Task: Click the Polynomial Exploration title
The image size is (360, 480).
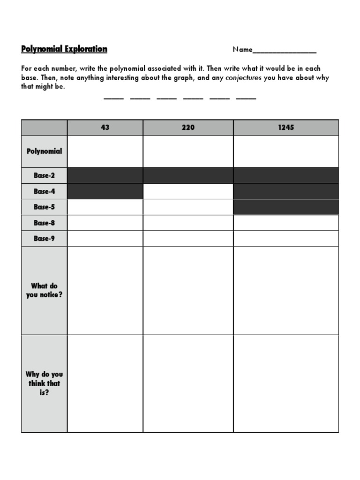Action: click(64, 49)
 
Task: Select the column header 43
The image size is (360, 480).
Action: click(105, 127)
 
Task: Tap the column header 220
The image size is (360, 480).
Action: click(188, 127)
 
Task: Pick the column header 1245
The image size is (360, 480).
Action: click(285, 127)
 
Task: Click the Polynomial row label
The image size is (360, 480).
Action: click(44, 151)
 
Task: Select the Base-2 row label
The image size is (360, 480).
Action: click(44, 175)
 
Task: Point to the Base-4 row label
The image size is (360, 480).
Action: click(44, 191)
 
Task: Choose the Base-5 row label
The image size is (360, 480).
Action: click(44, 207)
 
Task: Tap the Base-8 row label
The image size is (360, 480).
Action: click(44, 223)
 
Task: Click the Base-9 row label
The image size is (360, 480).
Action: click(44, 238)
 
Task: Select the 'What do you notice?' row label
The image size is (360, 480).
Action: click(44, 290)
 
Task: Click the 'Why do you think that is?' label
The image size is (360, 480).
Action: click(44, 383)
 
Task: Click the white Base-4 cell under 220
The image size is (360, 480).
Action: click(188, 191)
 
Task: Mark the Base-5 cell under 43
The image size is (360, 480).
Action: click(105, 207)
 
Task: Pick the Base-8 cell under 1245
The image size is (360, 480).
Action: click(285, 223)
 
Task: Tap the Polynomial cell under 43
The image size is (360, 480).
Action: click(105, 151)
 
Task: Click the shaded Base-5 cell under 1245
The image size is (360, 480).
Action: click(285, 207)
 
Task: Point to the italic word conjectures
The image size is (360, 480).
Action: click(243, 78)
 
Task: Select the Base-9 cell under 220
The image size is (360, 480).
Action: click(188, 238)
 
